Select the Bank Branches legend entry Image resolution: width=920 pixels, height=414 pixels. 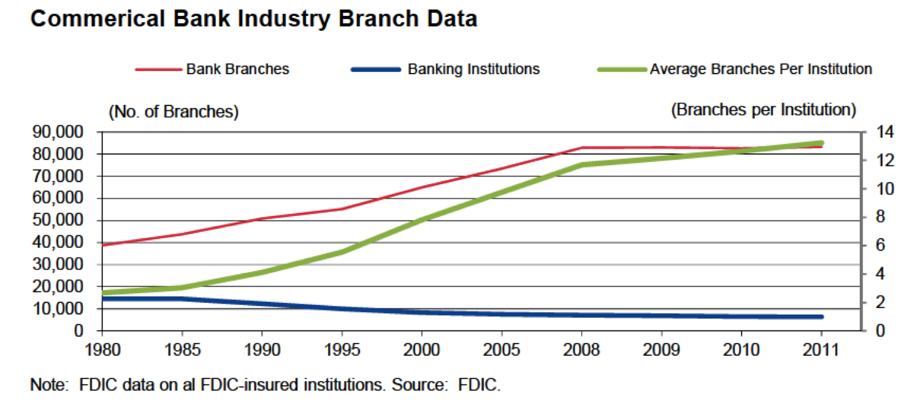click(x=237, y=69)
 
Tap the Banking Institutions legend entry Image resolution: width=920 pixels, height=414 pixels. click(x=473, y=69)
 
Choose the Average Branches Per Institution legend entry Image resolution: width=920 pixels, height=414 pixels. click(x=761, y=69)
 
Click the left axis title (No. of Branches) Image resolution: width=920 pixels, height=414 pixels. click(x=174, y=112)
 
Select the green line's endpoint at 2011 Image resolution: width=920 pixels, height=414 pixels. click(x=821, y=143)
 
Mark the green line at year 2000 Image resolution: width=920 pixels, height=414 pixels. click(x=422, y=218)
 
